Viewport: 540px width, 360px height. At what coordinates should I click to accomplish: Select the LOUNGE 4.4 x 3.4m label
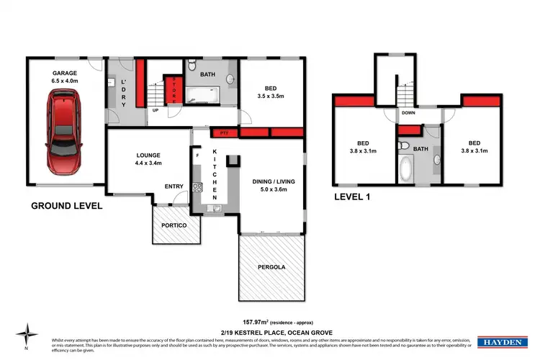tap(148, 159)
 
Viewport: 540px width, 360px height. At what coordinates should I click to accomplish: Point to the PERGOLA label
tap(271, 267)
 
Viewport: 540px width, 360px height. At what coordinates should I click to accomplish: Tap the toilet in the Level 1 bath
tap(405, 146)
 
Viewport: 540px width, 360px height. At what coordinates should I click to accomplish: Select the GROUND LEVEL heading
tap(66, 206)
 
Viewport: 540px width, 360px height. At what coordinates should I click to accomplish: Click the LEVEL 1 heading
tap(355, 196)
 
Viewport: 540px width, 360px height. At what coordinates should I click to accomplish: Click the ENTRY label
tap(174, 186)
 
